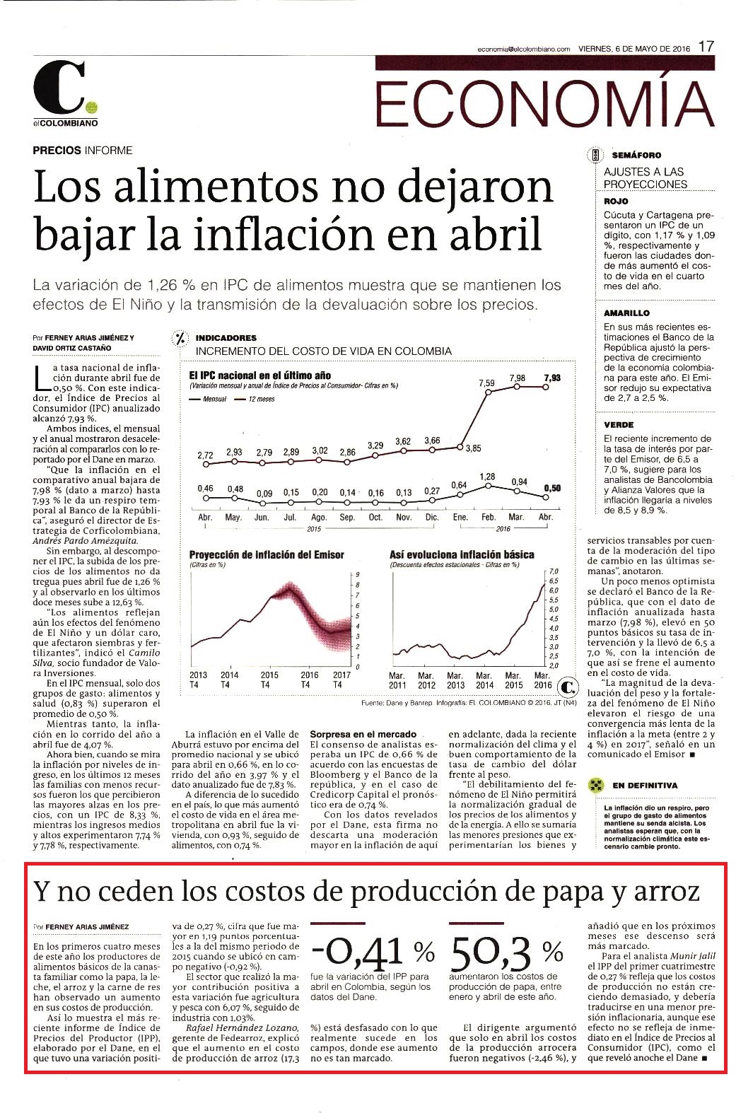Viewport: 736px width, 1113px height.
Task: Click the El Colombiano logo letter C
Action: tap(59, 88)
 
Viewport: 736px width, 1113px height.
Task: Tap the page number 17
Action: tap(706, 47)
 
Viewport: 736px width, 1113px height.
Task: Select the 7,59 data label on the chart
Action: tap(486, 383)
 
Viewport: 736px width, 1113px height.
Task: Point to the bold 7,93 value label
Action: tap(552, 378)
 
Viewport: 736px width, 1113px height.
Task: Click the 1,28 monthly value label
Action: tap(488, 477)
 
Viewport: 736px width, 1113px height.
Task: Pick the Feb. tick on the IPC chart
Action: tap(489, 517)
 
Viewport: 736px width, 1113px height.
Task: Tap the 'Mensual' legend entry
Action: tap(209, 399)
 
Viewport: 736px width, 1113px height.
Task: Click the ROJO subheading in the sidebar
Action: tap(616, 202)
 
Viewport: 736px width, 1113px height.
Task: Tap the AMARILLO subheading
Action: tap(626, 313)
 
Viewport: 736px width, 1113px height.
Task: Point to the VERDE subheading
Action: tap(619, 425)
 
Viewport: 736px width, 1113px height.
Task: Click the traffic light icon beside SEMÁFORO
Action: tap(595, 156)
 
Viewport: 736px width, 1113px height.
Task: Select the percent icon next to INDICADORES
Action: tap(180, 339)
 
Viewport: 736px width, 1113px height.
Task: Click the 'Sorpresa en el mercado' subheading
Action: tap(363, 734)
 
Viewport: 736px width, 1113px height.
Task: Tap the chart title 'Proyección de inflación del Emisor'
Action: tap(267, 554)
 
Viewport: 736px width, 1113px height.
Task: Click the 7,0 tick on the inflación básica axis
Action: tap(554, 571)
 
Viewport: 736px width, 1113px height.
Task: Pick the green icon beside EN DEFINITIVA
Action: tap(596, 786)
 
